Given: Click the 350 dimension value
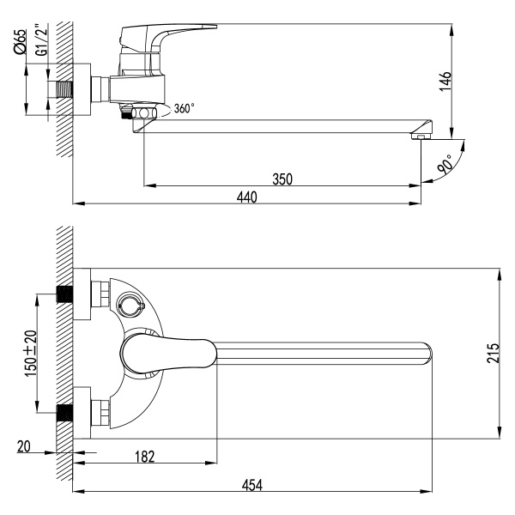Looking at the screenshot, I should click(x=283, y=179).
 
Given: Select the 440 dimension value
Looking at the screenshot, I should click(x=246, y=197).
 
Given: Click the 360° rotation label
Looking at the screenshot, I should click(x=184, y=109).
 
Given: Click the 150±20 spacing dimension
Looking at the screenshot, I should click(x=30, y=353).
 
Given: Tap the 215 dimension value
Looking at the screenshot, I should click(x=492, y=353).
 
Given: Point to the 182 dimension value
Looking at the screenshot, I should click(x=147, y=458).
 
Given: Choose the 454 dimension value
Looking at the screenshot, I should click(x=251, y=485).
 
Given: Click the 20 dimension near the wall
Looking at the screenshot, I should click(x=24, y=446).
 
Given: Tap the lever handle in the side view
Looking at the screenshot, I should click(x=167, y=37).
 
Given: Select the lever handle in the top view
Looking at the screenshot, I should click(x=167, y=351).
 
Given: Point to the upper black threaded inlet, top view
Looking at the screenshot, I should click(x=64, y=294).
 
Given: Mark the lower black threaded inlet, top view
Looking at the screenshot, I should click(x=64, y=413).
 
